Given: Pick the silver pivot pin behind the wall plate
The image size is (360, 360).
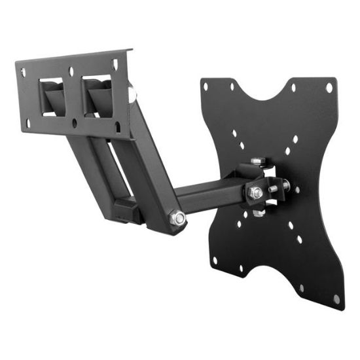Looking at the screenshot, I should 133,95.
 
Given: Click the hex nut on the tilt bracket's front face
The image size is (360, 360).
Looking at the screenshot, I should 255,193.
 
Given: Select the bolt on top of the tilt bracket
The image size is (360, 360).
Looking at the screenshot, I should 257,162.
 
